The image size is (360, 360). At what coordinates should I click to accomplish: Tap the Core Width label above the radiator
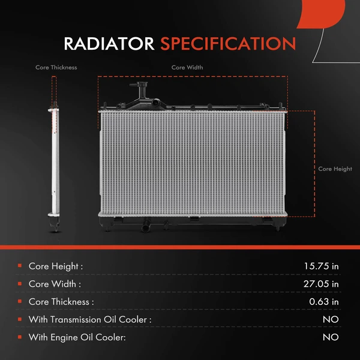point(187,68)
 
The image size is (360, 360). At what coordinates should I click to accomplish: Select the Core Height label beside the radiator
point(335,169)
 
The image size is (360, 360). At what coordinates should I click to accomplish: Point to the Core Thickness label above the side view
point(56,68)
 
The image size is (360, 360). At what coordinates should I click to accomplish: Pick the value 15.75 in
point(322,266)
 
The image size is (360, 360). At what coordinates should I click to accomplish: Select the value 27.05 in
point(322,284)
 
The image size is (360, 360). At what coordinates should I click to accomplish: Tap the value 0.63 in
point(324,302)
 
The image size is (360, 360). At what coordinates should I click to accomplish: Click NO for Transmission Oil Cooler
point(331,320)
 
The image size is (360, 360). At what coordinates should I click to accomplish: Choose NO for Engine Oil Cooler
point(331,338)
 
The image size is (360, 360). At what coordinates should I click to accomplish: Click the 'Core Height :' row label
point(56,266)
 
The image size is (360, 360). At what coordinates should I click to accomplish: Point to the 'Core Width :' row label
point(55,284)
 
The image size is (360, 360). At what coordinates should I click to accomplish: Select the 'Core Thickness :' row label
point(61,302)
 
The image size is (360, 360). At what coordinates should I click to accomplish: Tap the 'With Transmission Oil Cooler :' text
point(90,320)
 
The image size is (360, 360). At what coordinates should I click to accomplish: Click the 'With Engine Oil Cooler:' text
point(77,338)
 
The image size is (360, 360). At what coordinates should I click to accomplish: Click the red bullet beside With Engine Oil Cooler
point(20,338)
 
